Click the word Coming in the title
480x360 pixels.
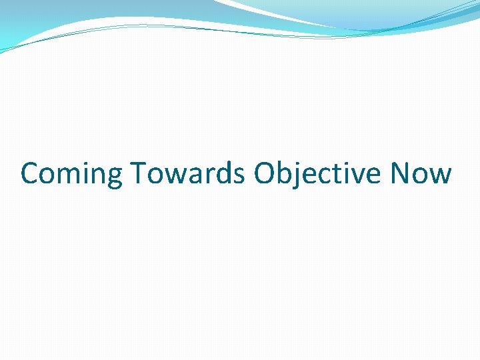71,174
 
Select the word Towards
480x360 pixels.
189,174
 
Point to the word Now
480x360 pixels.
421,174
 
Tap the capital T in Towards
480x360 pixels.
137,174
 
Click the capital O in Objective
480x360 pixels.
264,174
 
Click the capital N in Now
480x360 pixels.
401,174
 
